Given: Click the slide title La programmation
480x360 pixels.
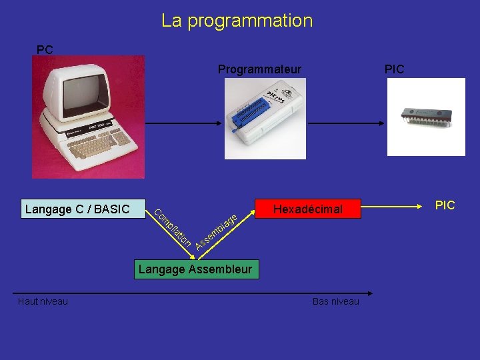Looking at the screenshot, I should pyautogui.click(x=237, y=21).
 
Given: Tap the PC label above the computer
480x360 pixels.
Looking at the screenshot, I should pyautogui.click(x=45, y=50).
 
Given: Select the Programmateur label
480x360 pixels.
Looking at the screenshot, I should pyautogui.click(x=259, y=69).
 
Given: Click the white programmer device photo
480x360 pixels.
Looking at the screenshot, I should pyautogui.click(x=265, y=118).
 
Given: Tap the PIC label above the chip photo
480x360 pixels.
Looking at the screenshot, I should pyautogui.click(x=394, y=69).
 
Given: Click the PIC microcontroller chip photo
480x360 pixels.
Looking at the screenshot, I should pyautogui.click(x=426, y=116).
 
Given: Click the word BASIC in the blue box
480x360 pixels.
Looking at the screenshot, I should pyautogui.click(x=112, y=209).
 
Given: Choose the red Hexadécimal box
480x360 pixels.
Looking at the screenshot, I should pyautogui.click(x=307, y=209).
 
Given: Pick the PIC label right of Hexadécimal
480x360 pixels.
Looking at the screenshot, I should pyautogui.click(x=445, y=205).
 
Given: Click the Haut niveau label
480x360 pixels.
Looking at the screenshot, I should pyautogui.click(x=43, y=302).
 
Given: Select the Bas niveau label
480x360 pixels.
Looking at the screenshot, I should pyautogui.click(x=335, y=302).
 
